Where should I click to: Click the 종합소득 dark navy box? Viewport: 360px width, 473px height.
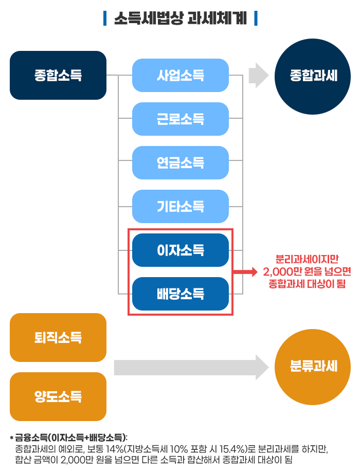58,75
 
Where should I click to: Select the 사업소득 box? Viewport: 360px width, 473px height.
181,75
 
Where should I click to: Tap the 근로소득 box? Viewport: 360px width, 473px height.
181,119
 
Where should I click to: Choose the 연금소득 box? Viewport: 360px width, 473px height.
181,162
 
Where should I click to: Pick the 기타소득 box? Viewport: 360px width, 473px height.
181,206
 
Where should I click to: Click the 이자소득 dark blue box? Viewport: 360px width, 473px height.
181,250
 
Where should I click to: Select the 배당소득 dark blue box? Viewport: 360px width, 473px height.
181,294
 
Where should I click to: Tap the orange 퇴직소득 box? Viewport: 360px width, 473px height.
58,337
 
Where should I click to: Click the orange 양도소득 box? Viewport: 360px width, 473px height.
58,396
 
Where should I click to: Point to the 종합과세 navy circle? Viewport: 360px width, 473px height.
313,76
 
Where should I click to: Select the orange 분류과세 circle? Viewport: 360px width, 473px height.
313,367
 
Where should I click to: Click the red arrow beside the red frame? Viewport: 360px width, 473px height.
245,272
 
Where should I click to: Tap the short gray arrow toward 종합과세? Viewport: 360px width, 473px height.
259,76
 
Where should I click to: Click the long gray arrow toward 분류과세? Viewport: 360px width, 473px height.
191,367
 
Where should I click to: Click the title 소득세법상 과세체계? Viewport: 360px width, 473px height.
181,18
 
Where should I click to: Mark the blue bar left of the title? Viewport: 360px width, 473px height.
105,18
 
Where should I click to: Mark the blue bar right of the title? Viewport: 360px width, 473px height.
256,18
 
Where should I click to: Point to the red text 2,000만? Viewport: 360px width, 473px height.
282,271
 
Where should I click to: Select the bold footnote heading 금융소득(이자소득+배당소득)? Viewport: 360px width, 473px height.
70,438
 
